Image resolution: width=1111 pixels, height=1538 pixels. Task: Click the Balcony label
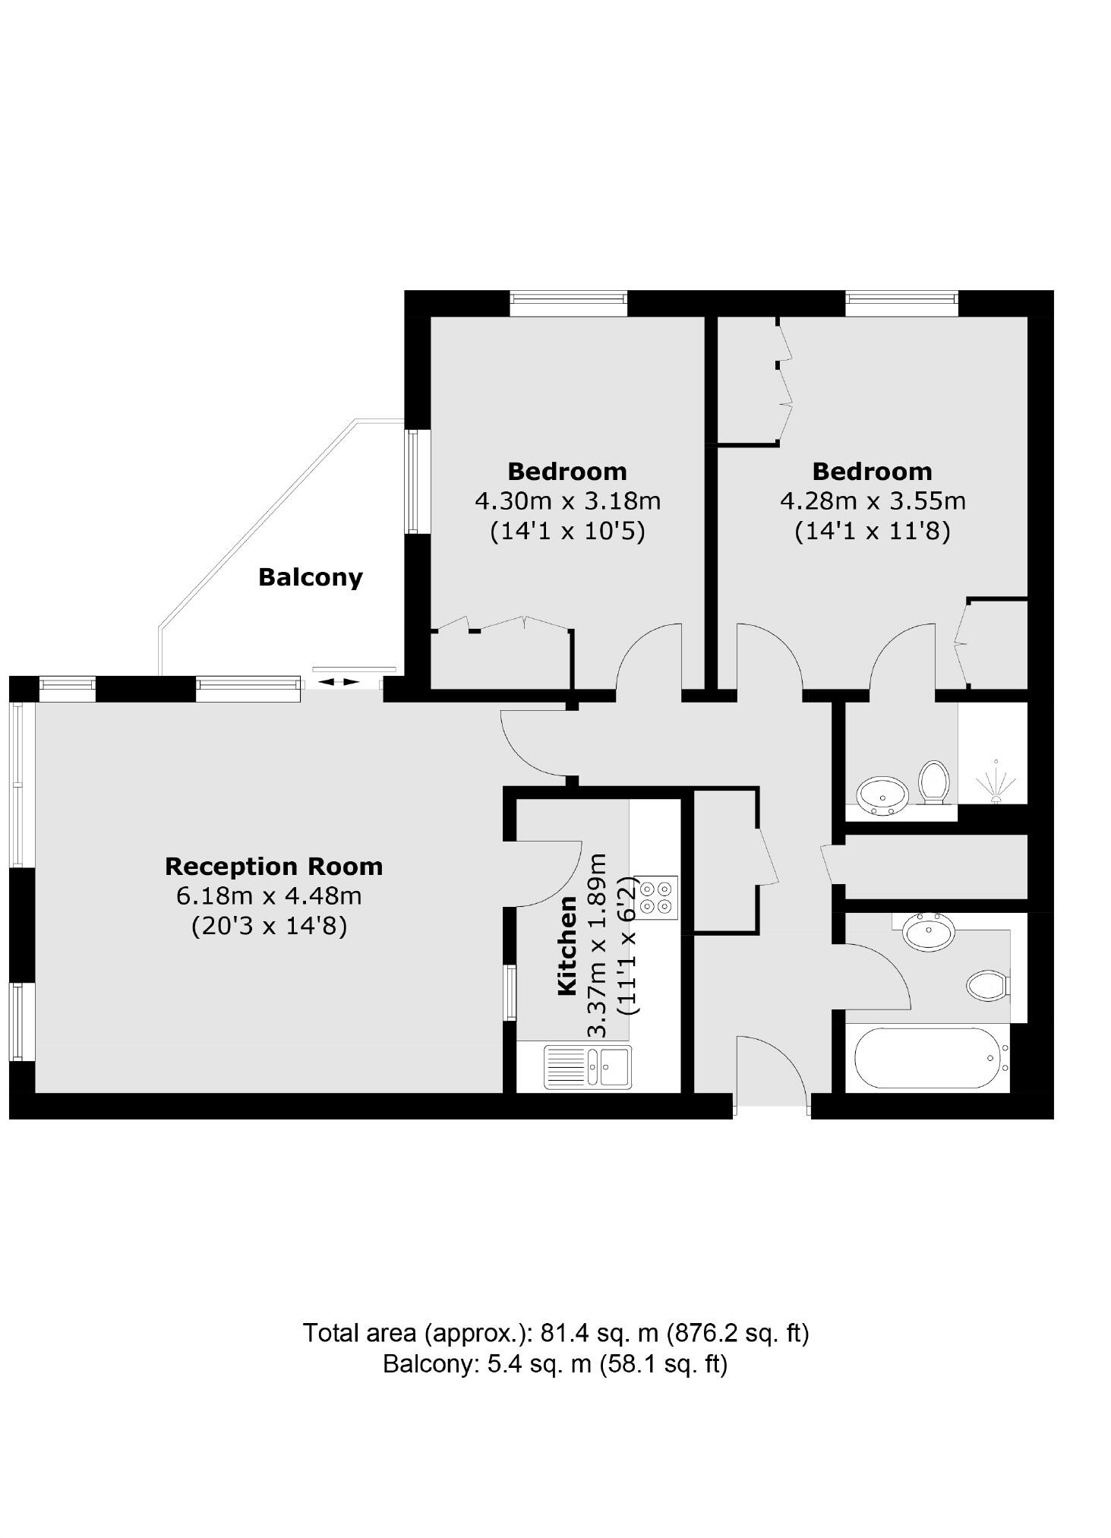310,577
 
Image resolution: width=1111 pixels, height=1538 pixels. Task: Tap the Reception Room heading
273,867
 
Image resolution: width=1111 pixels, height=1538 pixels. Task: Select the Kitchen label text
567,945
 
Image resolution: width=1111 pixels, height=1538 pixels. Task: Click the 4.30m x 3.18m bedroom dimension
567,501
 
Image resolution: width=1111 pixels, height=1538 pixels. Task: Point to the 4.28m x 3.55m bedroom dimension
873,501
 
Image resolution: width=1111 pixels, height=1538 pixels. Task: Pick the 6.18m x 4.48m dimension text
269,896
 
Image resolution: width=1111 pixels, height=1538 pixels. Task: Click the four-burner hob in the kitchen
657,896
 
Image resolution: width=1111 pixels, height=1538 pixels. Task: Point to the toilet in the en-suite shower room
933,782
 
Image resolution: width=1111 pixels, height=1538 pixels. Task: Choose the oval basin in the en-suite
882,794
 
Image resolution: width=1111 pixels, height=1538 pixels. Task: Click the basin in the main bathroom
929,931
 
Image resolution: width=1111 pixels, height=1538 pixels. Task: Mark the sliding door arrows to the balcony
338,682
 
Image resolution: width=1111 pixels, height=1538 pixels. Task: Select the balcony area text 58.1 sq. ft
663,1364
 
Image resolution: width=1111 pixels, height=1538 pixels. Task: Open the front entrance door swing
771,1071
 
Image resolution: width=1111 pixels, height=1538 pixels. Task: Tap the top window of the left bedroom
568,303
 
